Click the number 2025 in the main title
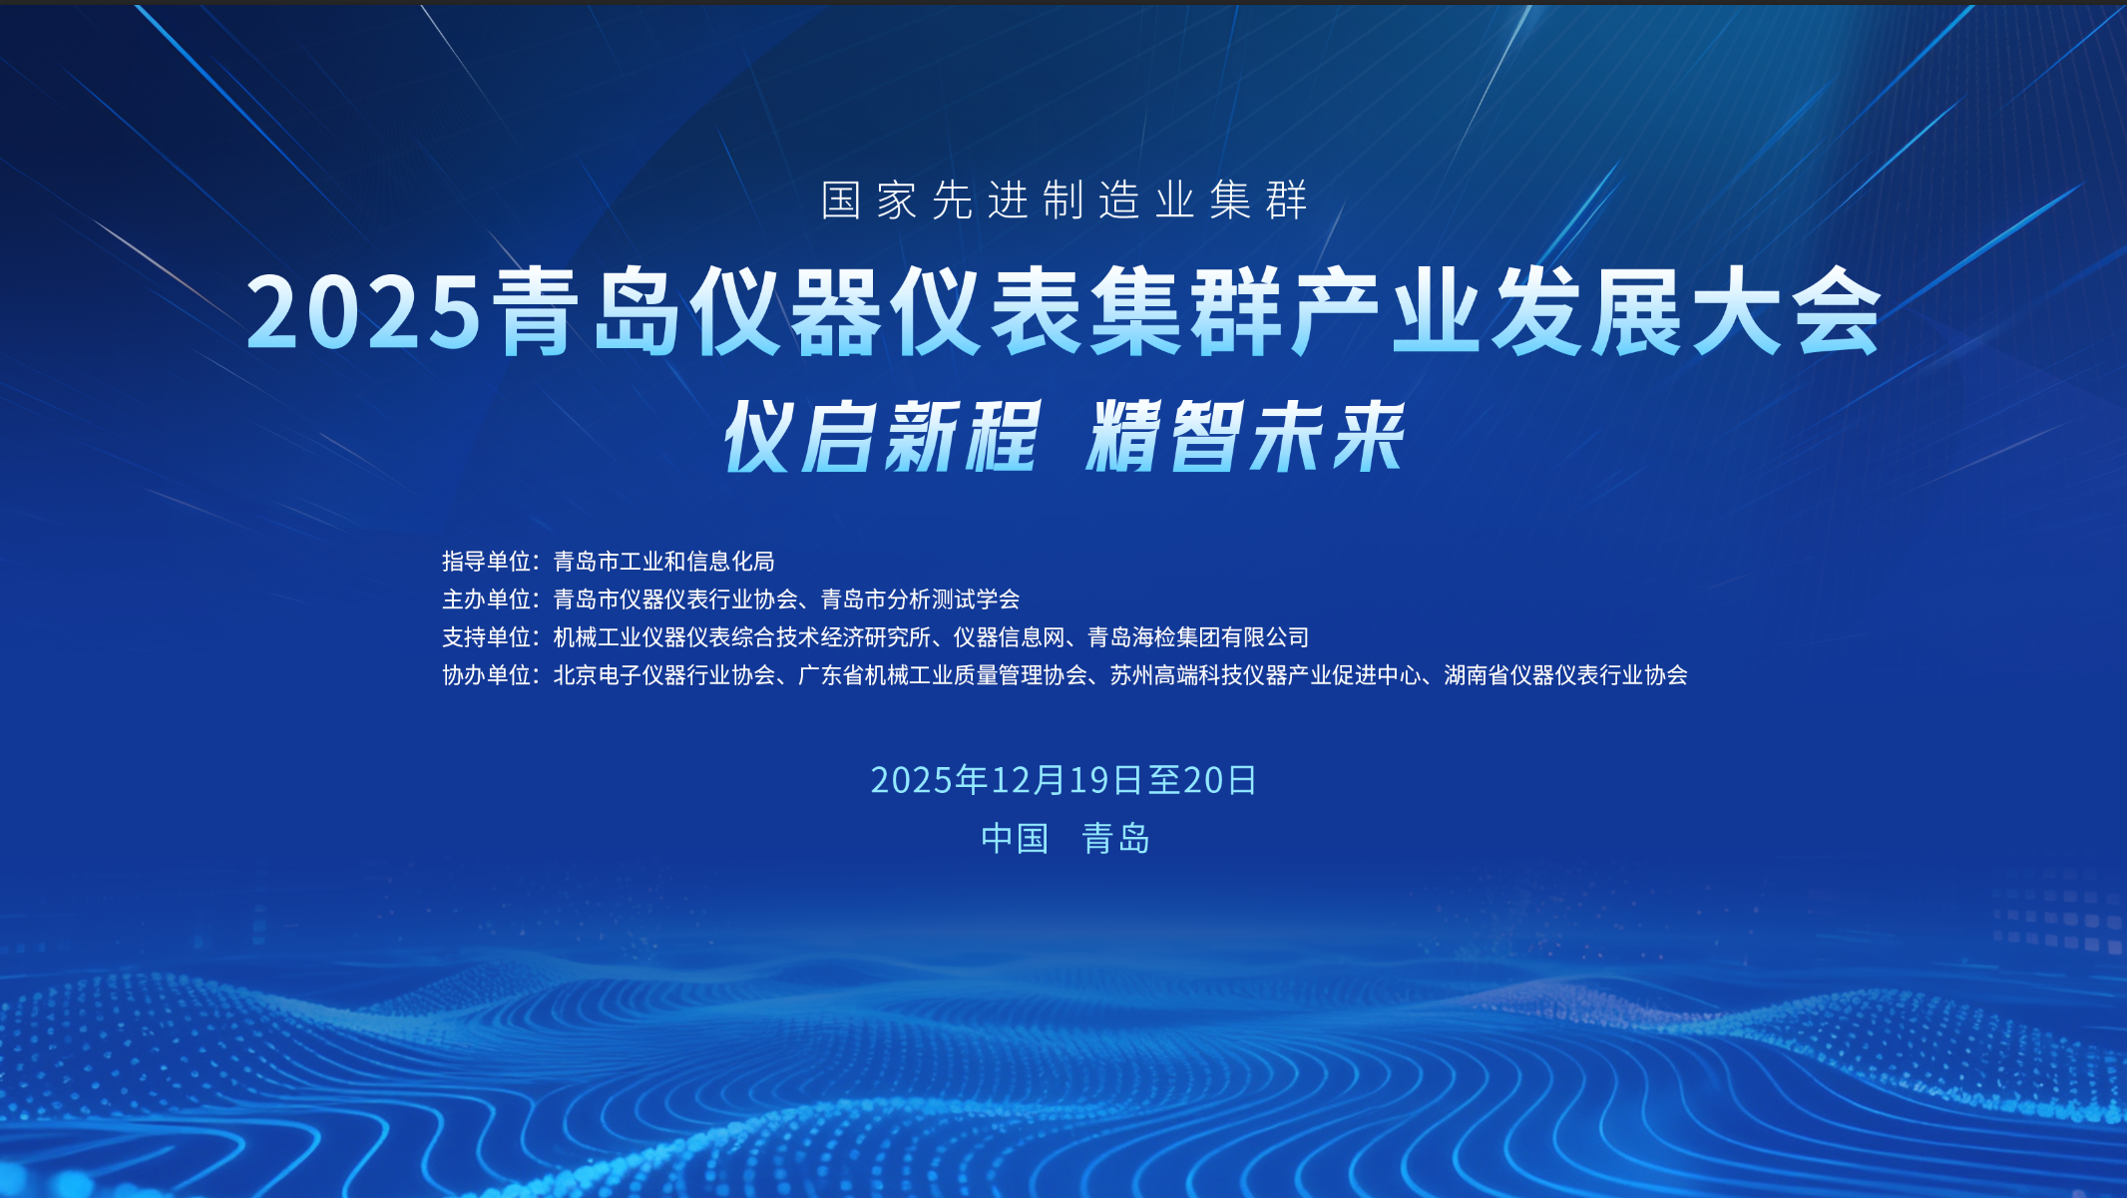pos(364,312)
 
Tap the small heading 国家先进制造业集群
pos(1063,200)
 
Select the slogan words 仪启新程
pos(882,437)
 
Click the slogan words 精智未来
pos(1246,437)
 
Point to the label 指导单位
pos(486,562)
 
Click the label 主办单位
pos(486,599)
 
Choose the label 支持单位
pos(486,637)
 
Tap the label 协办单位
pos(486,675)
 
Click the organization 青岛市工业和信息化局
pos(663,562)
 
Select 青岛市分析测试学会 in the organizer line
pos(920,599)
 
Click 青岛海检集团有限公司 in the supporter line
pos(1198,637)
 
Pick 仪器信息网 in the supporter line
pos(1009,637)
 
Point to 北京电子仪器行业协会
pos(663,675)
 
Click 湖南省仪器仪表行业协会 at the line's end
pos(1565,675)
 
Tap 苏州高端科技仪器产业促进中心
pos(1265,675)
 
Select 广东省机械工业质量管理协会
pos(942,675)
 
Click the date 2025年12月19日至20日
pos(1063,780)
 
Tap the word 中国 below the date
pos(1015,839)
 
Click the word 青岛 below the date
pos(1116,839)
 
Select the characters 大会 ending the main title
pos(1785,312)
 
